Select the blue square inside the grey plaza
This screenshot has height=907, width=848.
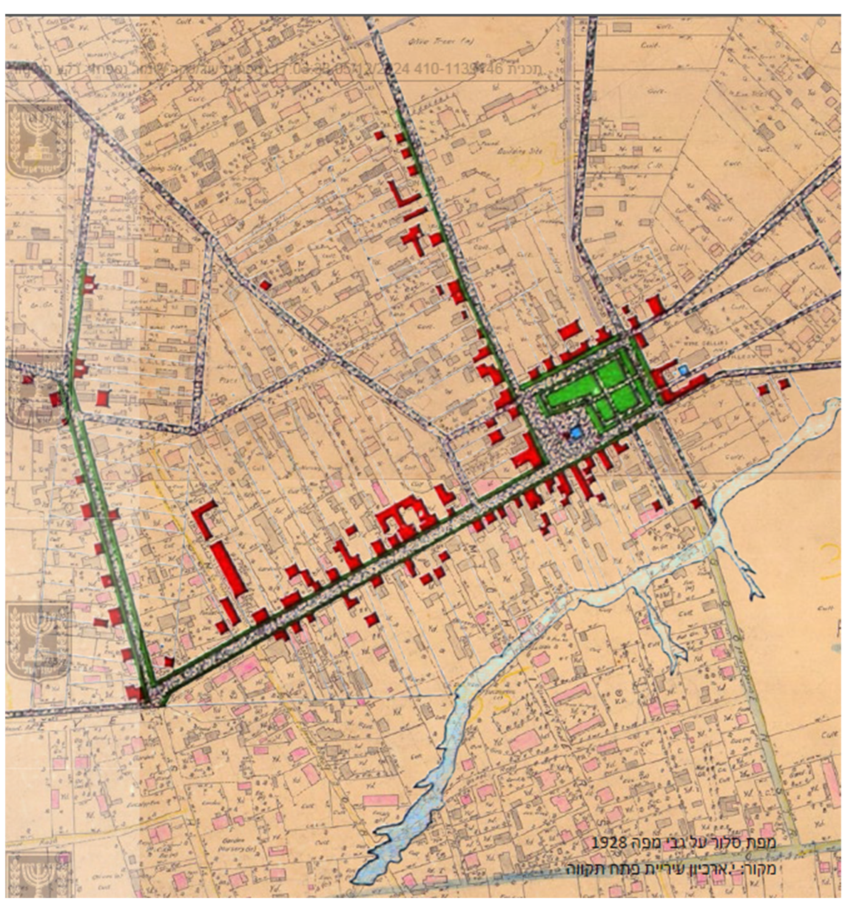tap(576, 432)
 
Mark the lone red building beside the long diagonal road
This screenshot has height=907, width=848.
tap(265, 285)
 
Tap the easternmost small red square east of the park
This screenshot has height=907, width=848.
tap(784, 384)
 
